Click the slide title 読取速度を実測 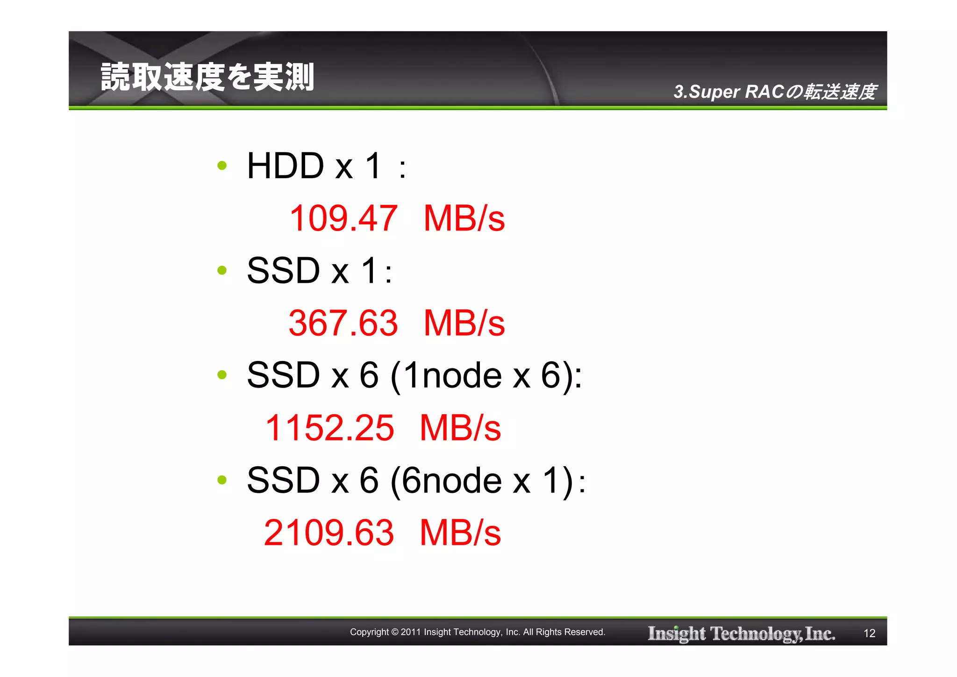[207, 77]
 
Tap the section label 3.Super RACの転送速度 [774, 92]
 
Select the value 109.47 [343, 218]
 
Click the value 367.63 [343, 323]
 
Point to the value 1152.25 [329, 428]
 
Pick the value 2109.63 [329, 533]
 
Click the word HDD [285, 166]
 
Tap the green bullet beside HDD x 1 [222, 166]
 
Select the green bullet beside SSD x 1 [222, 270]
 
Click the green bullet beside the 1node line [222, 375]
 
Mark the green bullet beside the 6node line [222, 480]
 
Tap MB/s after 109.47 [464, 218]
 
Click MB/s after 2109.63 [460, 533]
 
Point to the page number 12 [869, 634]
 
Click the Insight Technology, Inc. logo [741, 634]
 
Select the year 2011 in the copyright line [411, 632]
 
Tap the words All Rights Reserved [564, 632]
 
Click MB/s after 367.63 [464, 323]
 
